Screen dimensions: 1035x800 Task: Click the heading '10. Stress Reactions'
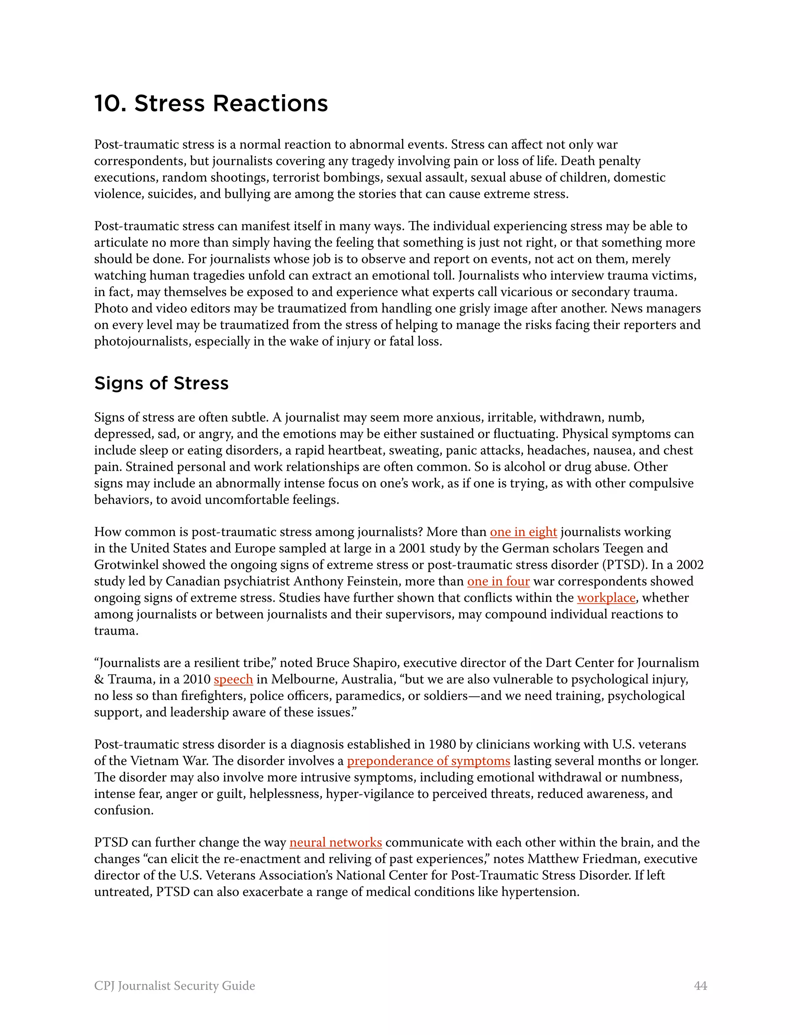pyautogui.click(x=211, y=103)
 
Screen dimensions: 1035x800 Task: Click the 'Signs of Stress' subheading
pyautogui.click(x=161, y=383)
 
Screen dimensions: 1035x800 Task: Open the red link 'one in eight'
pyautogui.click(x=523, y=532)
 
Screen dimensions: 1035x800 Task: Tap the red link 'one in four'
pyautogui.click(x=498, y=581)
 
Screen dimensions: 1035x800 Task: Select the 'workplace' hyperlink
pyautogui.click(x=606, y=598)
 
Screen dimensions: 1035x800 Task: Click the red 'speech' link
pyautogui.click(x=233, y=679)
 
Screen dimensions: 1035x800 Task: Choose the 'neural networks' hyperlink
pyautogui.click(x=336, y=842)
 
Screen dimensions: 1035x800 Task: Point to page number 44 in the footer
pyautogui.click(x=700, y=986)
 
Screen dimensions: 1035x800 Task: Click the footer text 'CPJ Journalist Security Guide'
pyautogui.click(x=174, y=986)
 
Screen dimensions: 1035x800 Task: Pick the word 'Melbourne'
pyautogui.click(x=302, y=679)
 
